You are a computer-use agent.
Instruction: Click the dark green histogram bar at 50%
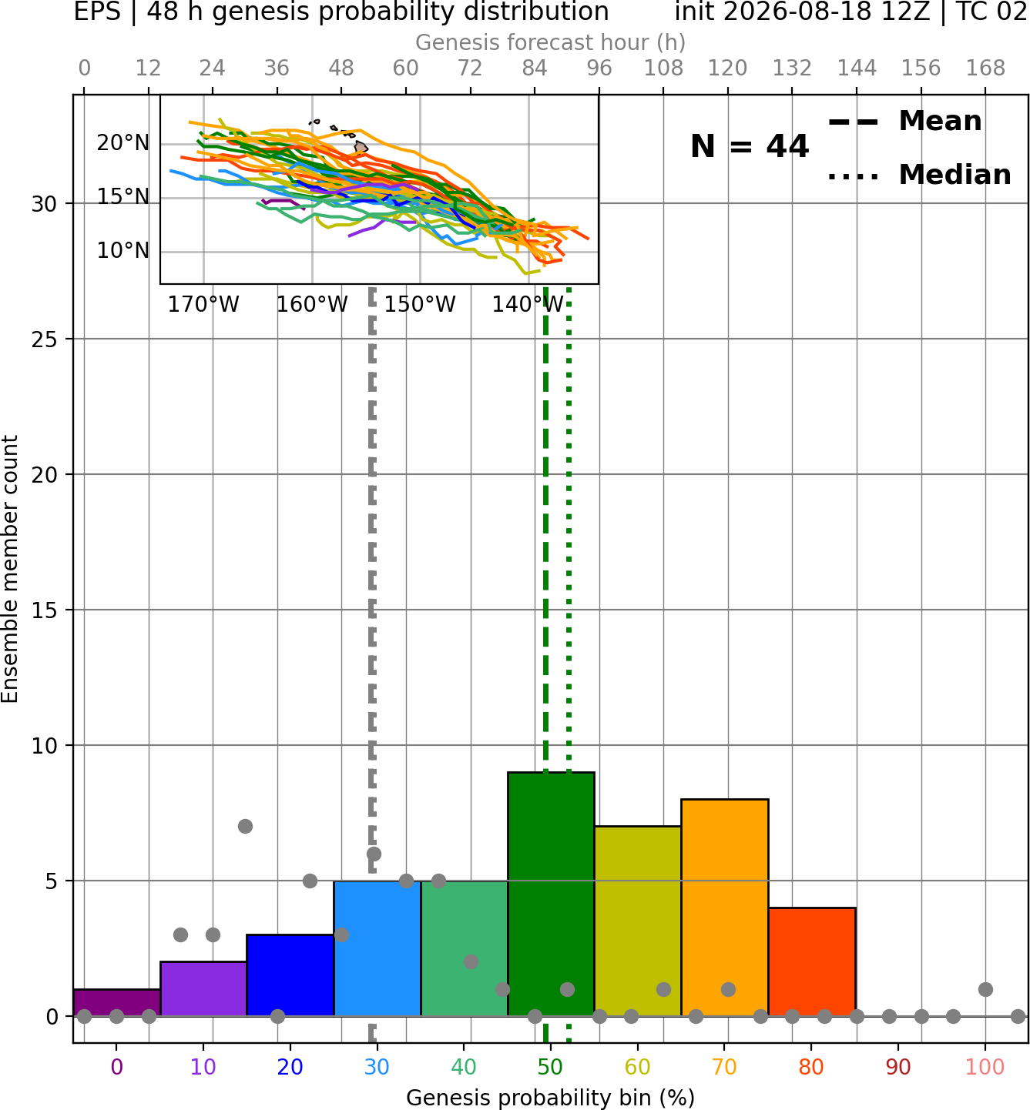[x=551, y=894]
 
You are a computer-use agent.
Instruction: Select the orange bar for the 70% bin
[x=725, y=907]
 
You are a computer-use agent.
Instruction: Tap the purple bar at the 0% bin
[x=117, y=1002]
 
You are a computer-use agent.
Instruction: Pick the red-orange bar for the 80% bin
[x=812, y=961]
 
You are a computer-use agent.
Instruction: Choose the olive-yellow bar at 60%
[x=638, y=921]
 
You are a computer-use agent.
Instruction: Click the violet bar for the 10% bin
[x=203, y=988]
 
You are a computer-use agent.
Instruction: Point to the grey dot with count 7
[x=245, y=826]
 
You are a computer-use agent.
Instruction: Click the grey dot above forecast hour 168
[x=985, y=989]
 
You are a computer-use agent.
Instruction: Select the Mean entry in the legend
[x=904, y=122]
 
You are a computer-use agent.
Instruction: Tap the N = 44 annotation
[x=750, y=146]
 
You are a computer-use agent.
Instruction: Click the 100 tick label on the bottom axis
[x=985, y=1067]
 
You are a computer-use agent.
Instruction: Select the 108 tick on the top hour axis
[x=663, y=69]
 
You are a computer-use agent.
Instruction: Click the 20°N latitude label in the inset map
[x=123, y=143]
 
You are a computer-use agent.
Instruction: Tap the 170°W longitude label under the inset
[x=203, y=305]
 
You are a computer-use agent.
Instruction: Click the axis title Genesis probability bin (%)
[x=551, y=1098]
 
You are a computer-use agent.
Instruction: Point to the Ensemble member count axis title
[x=10, y=570]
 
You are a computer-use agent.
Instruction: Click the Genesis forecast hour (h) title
[x=551, y=42]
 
